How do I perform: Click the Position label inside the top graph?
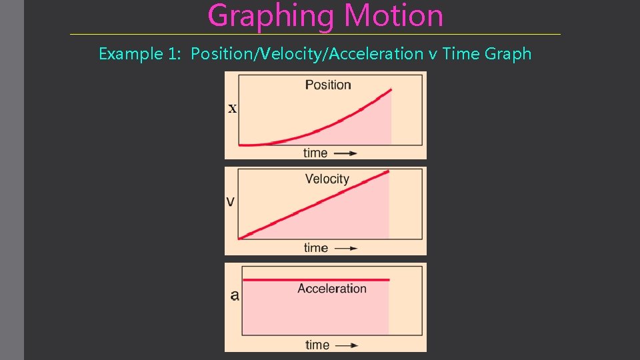(x=328, y=85)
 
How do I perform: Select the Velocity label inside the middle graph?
(x=327, y=179)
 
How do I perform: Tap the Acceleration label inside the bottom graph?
(x=332, y=289)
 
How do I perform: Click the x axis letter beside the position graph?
(x=232, y=109)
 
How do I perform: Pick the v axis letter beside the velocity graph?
(x=231, y=201)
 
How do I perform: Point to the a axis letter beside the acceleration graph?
(x=235, y=295)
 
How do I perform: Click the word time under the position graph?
(x=315, y=153)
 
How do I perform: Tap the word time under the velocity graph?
(x=315, y=248)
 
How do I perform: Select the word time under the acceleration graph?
(x=317, y=345)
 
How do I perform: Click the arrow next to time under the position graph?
(x=345, y=153)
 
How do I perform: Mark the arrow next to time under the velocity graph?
(x=345, y=249)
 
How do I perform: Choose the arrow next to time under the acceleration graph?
(x=347, y=345)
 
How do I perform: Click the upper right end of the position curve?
(x=391, y=89)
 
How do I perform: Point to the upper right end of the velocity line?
(x=388, y=172)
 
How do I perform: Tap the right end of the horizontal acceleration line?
(x=388, y=280)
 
